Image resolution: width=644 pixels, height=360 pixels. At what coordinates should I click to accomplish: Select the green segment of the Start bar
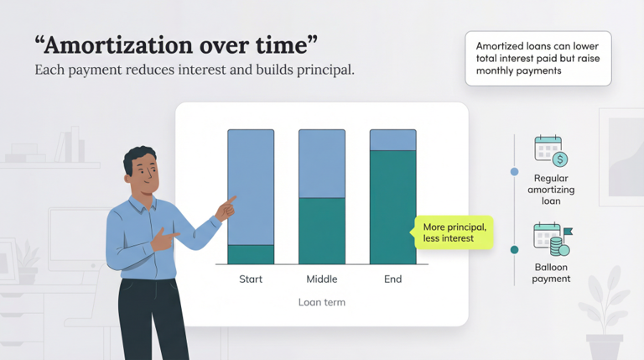251,254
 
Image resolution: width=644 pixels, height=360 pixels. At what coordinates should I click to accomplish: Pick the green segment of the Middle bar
322,231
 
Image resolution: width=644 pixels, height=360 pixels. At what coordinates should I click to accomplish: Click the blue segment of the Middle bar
322,164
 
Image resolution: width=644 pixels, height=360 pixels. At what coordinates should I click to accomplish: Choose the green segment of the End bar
393,207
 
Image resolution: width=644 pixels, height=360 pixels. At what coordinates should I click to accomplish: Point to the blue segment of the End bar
393,140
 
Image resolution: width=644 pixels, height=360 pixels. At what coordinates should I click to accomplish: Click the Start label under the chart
251,279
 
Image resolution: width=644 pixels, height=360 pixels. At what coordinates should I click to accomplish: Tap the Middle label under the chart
322,279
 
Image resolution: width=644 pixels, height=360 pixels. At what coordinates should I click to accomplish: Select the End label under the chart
393,279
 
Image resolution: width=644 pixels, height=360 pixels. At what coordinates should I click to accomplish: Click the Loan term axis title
322,302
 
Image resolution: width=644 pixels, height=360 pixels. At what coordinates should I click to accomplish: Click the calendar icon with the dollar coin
551,151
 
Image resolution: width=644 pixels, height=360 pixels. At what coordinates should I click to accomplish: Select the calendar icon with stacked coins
551,239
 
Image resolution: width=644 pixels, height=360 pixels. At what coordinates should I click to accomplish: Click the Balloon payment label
551,273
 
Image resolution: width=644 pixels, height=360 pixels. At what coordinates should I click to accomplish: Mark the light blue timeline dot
514,171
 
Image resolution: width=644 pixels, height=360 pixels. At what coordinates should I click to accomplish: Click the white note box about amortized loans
538,59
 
